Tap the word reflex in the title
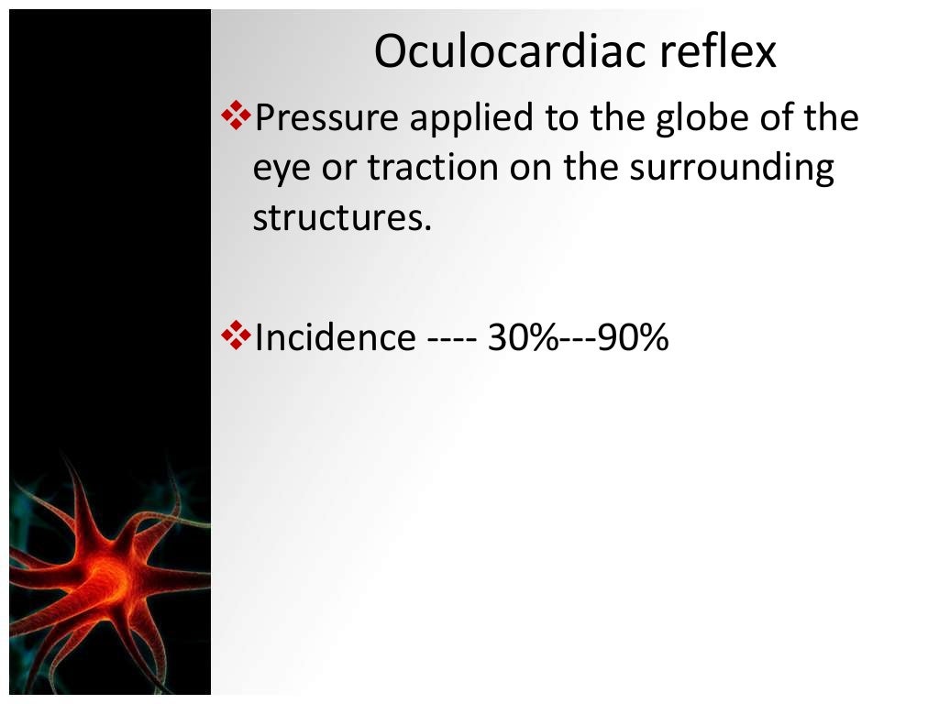[718, 53]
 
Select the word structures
[341, 219]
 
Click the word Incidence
[335, 338]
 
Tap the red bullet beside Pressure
[237, 116]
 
